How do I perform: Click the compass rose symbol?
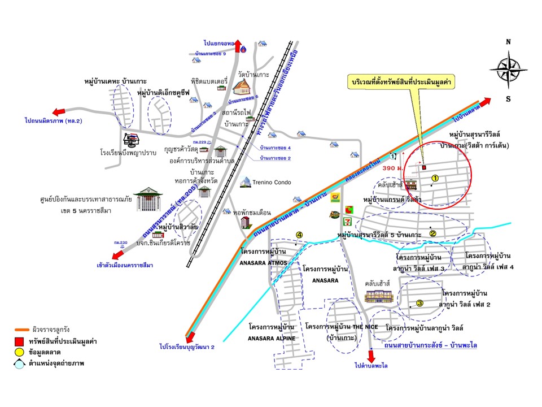click(508, 70)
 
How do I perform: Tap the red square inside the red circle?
click(424, 167)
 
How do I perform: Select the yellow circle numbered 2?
click(433, 233)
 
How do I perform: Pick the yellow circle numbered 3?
click(419, 303)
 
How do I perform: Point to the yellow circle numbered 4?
click(299, 235)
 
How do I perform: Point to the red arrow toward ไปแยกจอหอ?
click(237, 45)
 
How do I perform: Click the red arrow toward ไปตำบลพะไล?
click(371, 357)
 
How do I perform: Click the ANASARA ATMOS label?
click(265, 262)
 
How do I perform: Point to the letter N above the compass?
click(508, 41)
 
